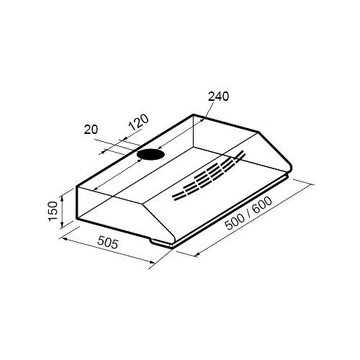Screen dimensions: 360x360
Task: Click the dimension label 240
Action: [x=218, y=96]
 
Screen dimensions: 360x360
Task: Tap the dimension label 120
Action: [x=139, y=122]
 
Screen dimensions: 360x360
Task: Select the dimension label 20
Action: [x=91, y=130]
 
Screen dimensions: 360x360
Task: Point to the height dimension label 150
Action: [x=53, y=211]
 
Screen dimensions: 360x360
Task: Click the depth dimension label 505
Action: [x=108, y=243]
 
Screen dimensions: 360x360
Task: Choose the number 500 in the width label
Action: [x=235, y=222]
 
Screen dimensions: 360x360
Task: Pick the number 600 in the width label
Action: [x=263, y=205]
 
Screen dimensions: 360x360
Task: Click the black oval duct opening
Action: [x=150, y=154]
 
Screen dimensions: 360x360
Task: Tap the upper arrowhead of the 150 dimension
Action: [x=62, y=198]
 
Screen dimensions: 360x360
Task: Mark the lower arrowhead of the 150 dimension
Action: [x=62, y=225]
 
